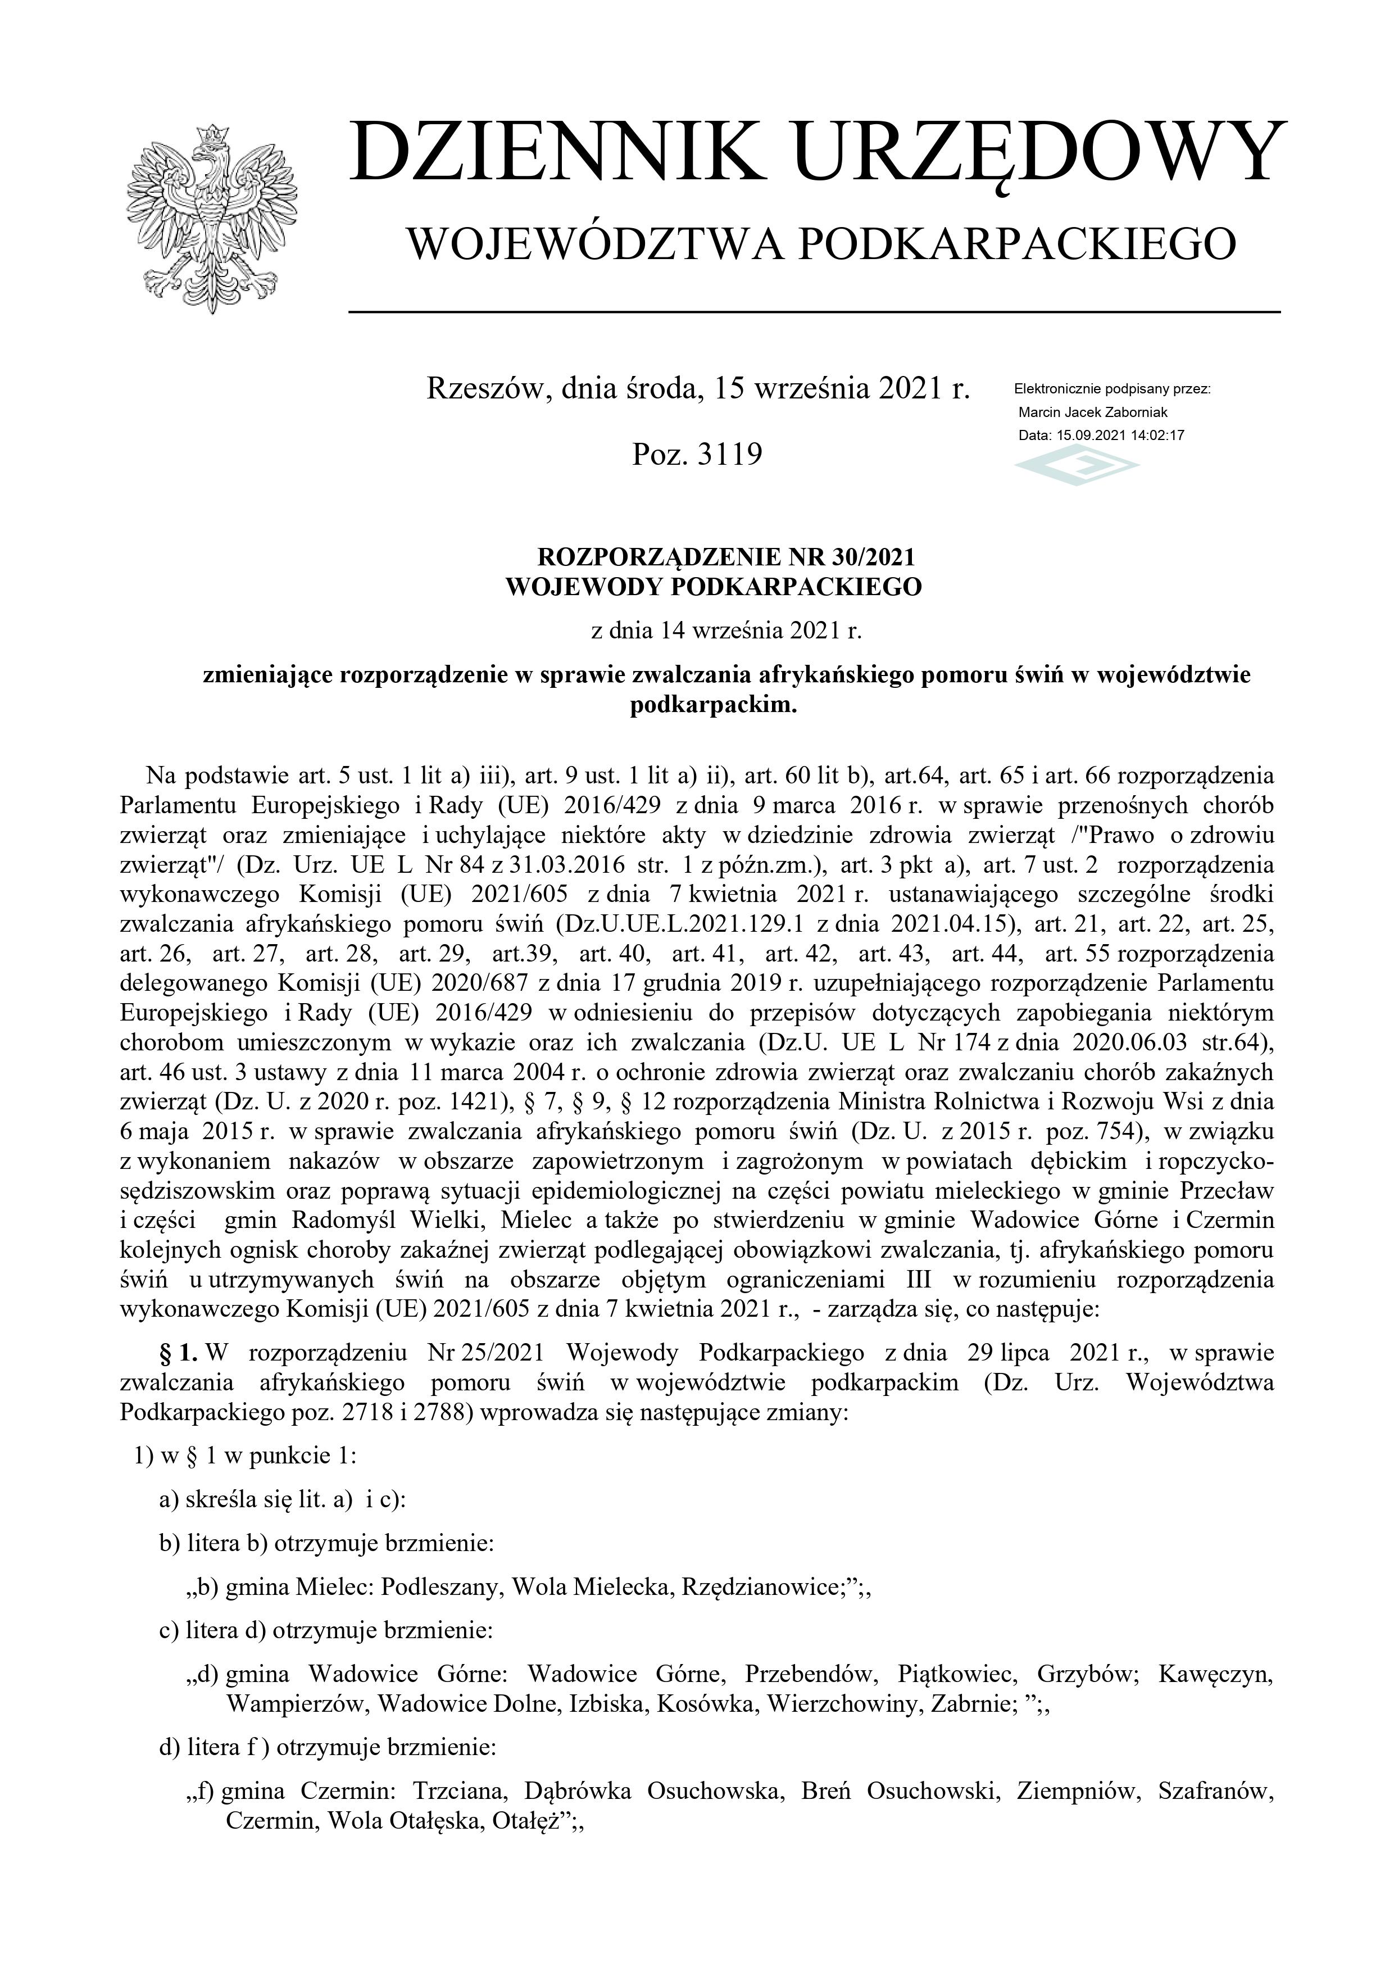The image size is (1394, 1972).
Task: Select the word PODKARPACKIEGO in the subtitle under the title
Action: tap(1018, 245)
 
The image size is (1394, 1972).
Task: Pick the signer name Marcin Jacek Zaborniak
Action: tap(1092, 412)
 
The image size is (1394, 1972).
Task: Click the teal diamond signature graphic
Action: tap(1077, 469)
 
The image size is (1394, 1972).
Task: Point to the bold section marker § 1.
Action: tap(179, 1353)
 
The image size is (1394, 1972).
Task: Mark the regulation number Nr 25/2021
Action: tap(485, 1353)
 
